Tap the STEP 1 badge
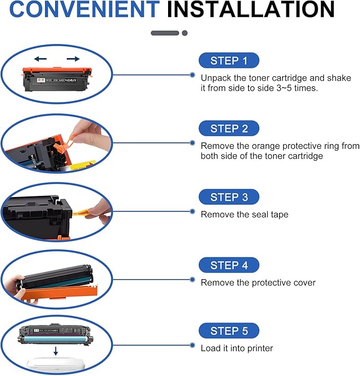(x=229, y=60)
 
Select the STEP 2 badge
(x=229, y=128)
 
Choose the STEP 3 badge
(x=229, y=197)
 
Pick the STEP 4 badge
(x=229, y=265)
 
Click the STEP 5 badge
(x=229, y=331)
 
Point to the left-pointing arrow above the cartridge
(x=40, y=58)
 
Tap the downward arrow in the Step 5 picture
(x=56, y=351)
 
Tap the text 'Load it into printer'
(x=236, y=348)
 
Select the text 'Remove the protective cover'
(x=258, y=282)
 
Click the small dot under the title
(x=185, y=33)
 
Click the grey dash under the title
(x=165, y=33)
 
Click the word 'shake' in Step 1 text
(x=340, y=78)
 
